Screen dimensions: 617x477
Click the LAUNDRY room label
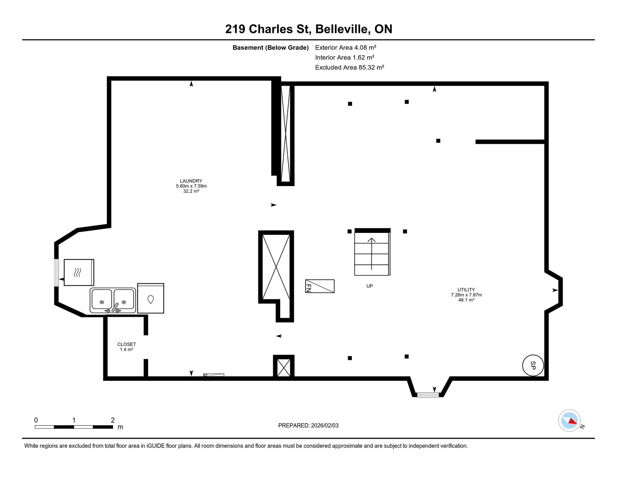[191, 181]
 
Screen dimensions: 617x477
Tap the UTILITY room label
[466, 289]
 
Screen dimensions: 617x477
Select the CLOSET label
[127, 344]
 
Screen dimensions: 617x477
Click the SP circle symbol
[533, 365]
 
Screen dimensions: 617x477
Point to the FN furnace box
[320, 286]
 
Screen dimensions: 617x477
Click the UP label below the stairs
[370, 286]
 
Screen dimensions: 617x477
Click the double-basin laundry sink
[113, 300]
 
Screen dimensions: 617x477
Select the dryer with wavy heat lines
[79, 272]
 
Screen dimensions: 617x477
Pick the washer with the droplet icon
[151, 298]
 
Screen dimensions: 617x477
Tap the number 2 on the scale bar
[113, 420]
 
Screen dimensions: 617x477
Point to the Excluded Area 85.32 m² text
[349, 67]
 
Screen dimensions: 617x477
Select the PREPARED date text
[308, 425]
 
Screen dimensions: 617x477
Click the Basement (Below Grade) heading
[271, 48]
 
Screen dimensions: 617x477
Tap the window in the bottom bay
[428, 395]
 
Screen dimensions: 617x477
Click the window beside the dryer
[56, 273]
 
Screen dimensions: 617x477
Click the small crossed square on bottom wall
[284, 368]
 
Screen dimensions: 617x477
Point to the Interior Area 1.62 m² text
[345, 57]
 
